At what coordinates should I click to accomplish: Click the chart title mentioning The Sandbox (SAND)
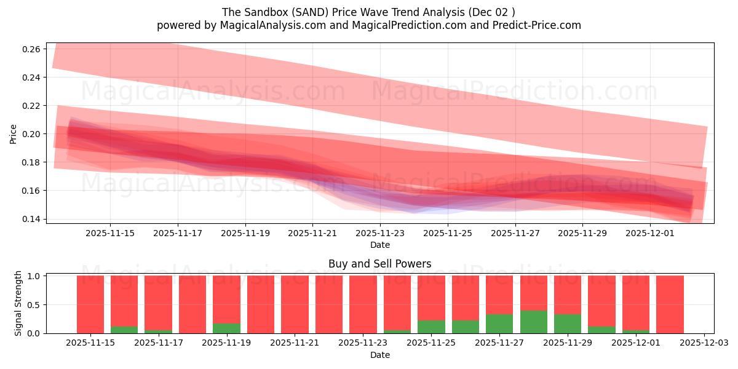(368, 12)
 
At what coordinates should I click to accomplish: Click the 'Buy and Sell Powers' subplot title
(379, 264)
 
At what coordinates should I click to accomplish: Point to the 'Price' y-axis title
(14, 133)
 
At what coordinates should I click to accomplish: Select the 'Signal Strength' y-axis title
(18, 303)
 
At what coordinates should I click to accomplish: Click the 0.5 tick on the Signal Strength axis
(34, 304)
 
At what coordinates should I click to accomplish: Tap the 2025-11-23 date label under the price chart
(379, 233)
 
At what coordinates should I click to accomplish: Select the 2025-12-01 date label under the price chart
(650, 233)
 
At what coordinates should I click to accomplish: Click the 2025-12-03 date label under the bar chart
(704, 343)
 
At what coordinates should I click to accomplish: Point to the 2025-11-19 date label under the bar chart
(226, 343)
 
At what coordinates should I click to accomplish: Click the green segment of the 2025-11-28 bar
(533, 322)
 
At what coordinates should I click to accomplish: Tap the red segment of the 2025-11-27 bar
(499, 295)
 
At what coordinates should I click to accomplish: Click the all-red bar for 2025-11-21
(295, 304)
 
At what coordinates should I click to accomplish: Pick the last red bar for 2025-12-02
(670, 304)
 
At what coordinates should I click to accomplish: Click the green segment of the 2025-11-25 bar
(431, 327)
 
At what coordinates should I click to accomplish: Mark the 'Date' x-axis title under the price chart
(379, 245)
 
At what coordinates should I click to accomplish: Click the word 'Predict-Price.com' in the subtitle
(539, 25)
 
